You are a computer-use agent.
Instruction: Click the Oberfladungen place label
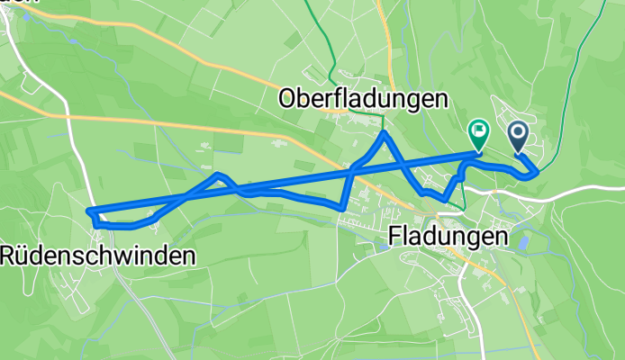364,96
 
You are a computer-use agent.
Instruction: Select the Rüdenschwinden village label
98,256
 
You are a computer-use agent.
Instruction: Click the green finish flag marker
477,135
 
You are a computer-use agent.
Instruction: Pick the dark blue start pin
519,137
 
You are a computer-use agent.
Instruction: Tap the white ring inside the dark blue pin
519,133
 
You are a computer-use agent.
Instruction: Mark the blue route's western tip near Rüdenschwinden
90,211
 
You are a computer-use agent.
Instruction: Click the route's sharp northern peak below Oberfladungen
385,133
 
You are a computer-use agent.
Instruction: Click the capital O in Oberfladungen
290,96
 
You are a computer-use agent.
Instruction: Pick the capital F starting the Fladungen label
395,238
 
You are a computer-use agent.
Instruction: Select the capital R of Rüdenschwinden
8,256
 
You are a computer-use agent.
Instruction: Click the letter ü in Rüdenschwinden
23,256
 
